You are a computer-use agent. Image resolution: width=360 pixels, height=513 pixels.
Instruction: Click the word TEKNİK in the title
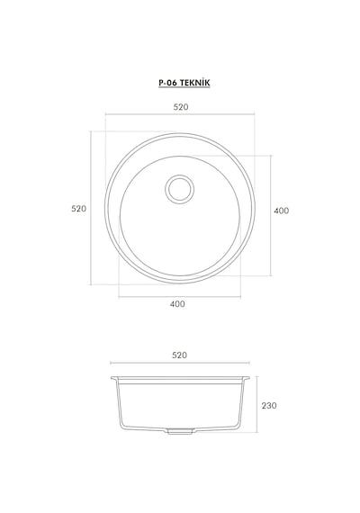[194, 83]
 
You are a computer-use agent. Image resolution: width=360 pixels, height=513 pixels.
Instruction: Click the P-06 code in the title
[168, 83]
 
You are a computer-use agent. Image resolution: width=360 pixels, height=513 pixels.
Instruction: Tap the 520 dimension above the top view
[181, 107]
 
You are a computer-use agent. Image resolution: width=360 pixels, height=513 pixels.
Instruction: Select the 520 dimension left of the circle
[79, 209]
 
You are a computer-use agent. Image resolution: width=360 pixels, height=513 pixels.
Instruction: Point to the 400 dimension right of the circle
[282, 211]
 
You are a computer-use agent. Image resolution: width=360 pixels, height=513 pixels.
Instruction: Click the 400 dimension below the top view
[177, 304]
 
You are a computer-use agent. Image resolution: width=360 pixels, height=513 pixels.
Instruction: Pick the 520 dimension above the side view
[179, 355]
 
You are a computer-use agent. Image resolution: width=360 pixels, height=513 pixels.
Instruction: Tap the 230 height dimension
[269, 406]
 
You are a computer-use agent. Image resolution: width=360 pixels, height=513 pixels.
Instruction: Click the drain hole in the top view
[180, 189]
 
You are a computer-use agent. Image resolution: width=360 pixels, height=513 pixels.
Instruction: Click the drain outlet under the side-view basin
[180, 431]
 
